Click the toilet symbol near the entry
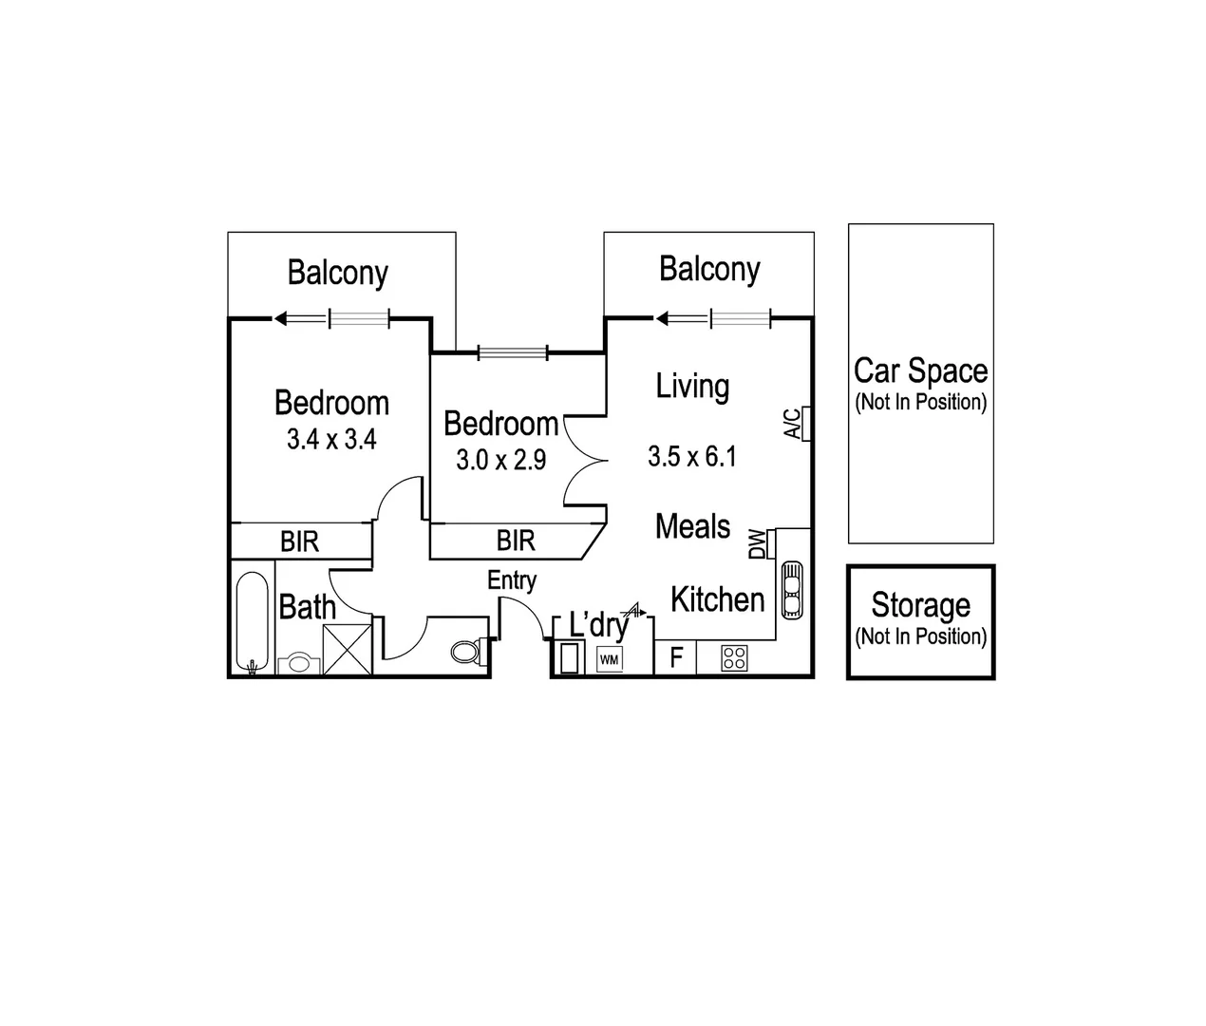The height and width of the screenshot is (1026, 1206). pos(468,652)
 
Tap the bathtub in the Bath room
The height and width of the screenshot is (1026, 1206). pos(253,622)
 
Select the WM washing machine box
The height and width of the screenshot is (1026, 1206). pos(609,659)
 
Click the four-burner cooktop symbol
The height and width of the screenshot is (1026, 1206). pos(734,657)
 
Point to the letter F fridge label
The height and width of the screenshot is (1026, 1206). pos(676,657)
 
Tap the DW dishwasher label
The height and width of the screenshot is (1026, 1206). pos(758,544)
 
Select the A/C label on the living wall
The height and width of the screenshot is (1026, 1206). pos(792,424)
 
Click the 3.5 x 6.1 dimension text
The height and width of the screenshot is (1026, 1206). pos(692,456)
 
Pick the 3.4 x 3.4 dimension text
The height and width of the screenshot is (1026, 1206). pos(331,440)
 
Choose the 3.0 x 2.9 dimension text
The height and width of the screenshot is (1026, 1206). pos(500,460)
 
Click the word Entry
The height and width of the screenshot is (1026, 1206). pos(512,581)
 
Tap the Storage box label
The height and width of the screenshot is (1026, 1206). pos(921,604)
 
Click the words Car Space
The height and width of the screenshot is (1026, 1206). pos(921,371)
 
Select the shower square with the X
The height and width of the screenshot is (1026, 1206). pos(348,650)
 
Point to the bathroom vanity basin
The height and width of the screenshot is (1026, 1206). pos(299,664)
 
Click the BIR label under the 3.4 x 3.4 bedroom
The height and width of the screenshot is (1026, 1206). pos(299,542)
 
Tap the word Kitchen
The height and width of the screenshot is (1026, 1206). pos(718,599)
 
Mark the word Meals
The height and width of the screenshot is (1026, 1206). pos(692,526)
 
